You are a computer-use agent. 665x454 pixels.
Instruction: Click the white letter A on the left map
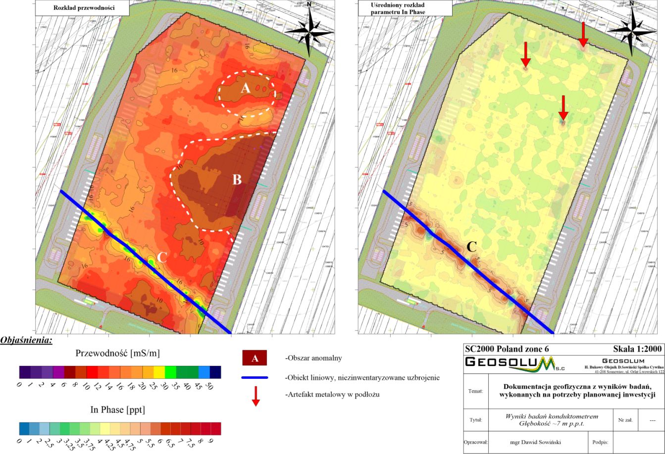pyautogui.click(x=245, y=89)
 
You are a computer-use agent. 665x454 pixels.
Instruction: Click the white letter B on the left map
pyautogui.click(x=237, y=180)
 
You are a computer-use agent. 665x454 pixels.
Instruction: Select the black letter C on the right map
pyautogui.click(x=472, y=246)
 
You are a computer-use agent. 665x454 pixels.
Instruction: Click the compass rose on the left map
pyautogui.click(x=310, y=30)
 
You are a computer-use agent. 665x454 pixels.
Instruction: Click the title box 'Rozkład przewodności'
pyautogui.click(x=83, y=8)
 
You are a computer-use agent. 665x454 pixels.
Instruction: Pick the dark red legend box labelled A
pyautogui.click(x=255, y=358)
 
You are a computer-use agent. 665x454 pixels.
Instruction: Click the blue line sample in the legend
pyautogui.click(x=255, y=378)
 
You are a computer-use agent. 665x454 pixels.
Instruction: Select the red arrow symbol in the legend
pyautogui.click(x=256, y=396)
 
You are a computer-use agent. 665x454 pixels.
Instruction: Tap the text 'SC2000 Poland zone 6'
pyautogui.click(x=507, y=349)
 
